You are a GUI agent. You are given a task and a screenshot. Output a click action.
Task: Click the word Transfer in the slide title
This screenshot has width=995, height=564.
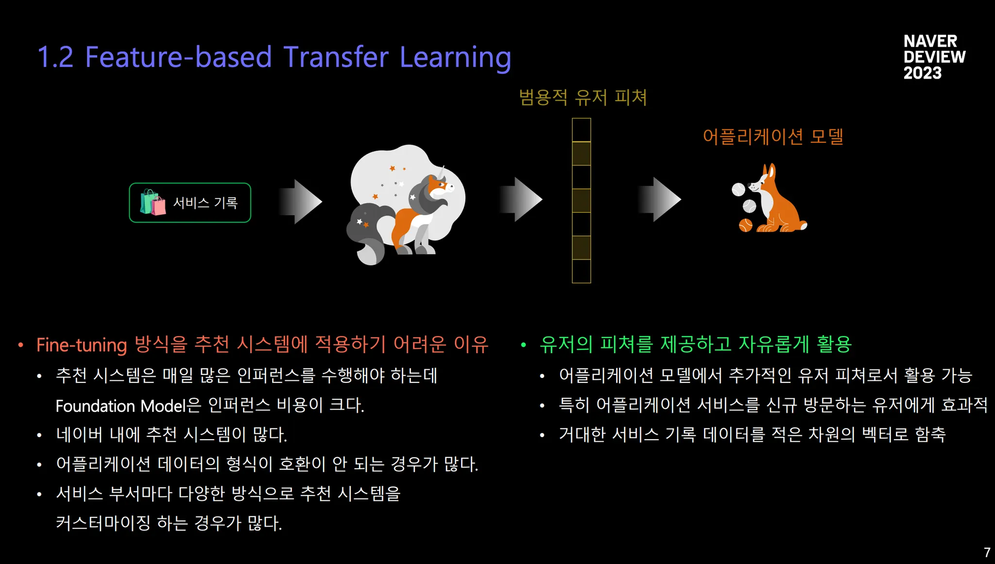click(x=336, y=57)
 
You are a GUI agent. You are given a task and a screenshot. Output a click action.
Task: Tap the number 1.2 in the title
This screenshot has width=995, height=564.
click(x=55, y=57)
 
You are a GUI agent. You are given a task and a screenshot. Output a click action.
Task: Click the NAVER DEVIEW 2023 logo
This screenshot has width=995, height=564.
click(x=934, y=57)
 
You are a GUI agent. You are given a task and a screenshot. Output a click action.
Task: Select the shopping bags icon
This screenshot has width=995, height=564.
click(x=153, y=202)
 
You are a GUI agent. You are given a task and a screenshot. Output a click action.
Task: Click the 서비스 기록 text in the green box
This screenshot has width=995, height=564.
click(x=206, y=203)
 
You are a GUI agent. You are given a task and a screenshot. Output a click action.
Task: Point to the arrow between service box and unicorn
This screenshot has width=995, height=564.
click(x=300, y=202)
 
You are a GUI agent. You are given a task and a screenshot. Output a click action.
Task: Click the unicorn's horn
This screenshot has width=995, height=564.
click(x=442, y=172)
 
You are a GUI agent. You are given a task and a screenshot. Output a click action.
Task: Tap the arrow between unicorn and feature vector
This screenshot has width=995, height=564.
click(x=521, y=199)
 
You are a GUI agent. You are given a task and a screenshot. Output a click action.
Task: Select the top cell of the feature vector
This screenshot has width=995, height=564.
click(x=581, y=130)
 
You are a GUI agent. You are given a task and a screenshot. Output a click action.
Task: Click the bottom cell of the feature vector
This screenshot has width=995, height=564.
click(x=581, y=271)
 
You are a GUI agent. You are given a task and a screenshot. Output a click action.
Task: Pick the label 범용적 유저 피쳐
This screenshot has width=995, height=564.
click(x=583, y=97)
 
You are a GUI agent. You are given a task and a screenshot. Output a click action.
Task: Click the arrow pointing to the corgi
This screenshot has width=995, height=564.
click(x=659, y=199)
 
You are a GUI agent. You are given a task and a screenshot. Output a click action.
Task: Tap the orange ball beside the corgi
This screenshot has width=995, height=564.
click(x=746, y=225)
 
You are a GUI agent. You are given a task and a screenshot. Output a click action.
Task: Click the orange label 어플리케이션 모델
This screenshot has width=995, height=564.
click(x=773, y=137)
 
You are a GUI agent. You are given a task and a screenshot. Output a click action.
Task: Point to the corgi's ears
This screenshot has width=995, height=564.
click(x=769, y=171)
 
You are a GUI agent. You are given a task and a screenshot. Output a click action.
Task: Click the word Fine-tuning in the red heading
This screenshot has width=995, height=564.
click(x=82, y=345)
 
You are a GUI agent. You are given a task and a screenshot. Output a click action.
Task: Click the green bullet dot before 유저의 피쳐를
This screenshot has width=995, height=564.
click(x=523, y=345)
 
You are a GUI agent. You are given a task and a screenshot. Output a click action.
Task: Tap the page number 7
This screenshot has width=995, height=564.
click(x=987, y=552)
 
